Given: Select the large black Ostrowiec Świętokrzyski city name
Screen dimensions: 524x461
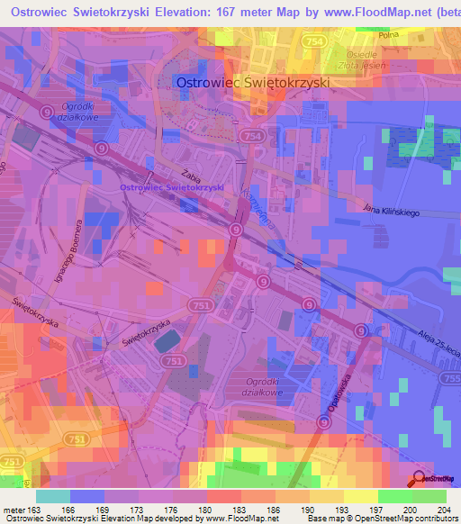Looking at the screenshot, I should (253, 81).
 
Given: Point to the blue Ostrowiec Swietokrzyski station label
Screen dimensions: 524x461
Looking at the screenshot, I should (171, 186).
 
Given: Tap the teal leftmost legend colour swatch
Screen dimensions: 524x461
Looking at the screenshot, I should (53, 496).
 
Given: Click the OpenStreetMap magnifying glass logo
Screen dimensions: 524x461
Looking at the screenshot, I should (420, 480).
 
